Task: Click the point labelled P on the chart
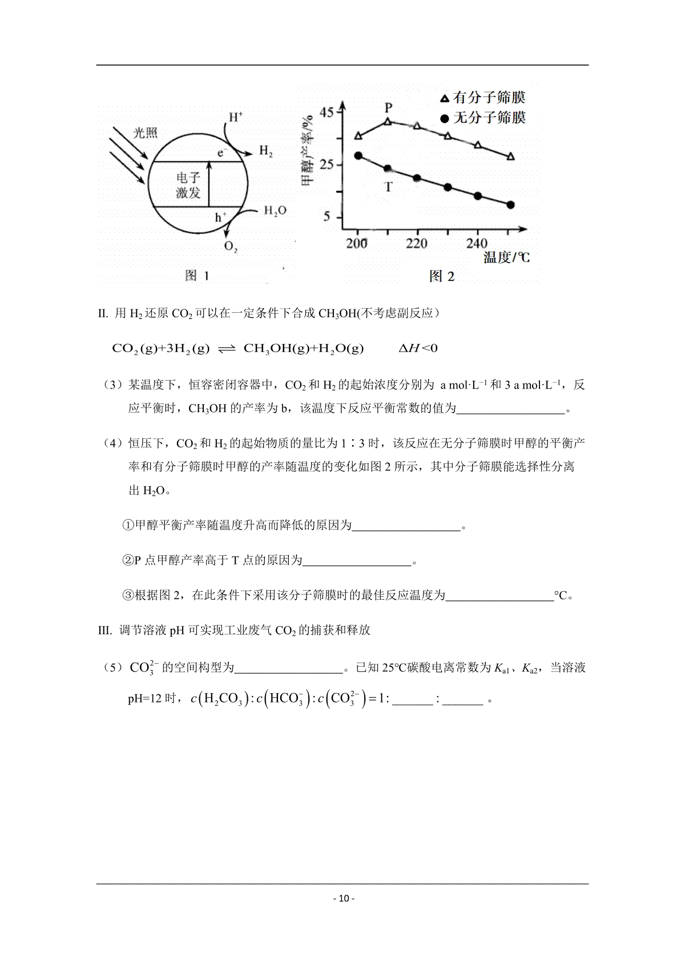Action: (388, 122)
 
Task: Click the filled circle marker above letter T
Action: (388, 169)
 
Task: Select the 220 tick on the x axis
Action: (417, 244)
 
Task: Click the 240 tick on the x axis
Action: (477, 244)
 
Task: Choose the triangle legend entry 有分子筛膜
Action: (482, 98)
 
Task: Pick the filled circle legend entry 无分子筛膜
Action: (482, 118)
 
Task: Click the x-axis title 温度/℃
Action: (506, 257)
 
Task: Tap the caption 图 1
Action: (198, 276)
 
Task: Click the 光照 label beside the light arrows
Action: (145, 133)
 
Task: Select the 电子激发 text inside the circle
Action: (188, 185)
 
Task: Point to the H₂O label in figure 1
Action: (275, 211)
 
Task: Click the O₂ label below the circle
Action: (231, 247)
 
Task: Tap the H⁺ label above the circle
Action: (236, 118)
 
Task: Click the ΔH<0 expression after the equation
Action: (418, 348)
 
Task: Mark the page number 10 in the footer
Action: (342, 898)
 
